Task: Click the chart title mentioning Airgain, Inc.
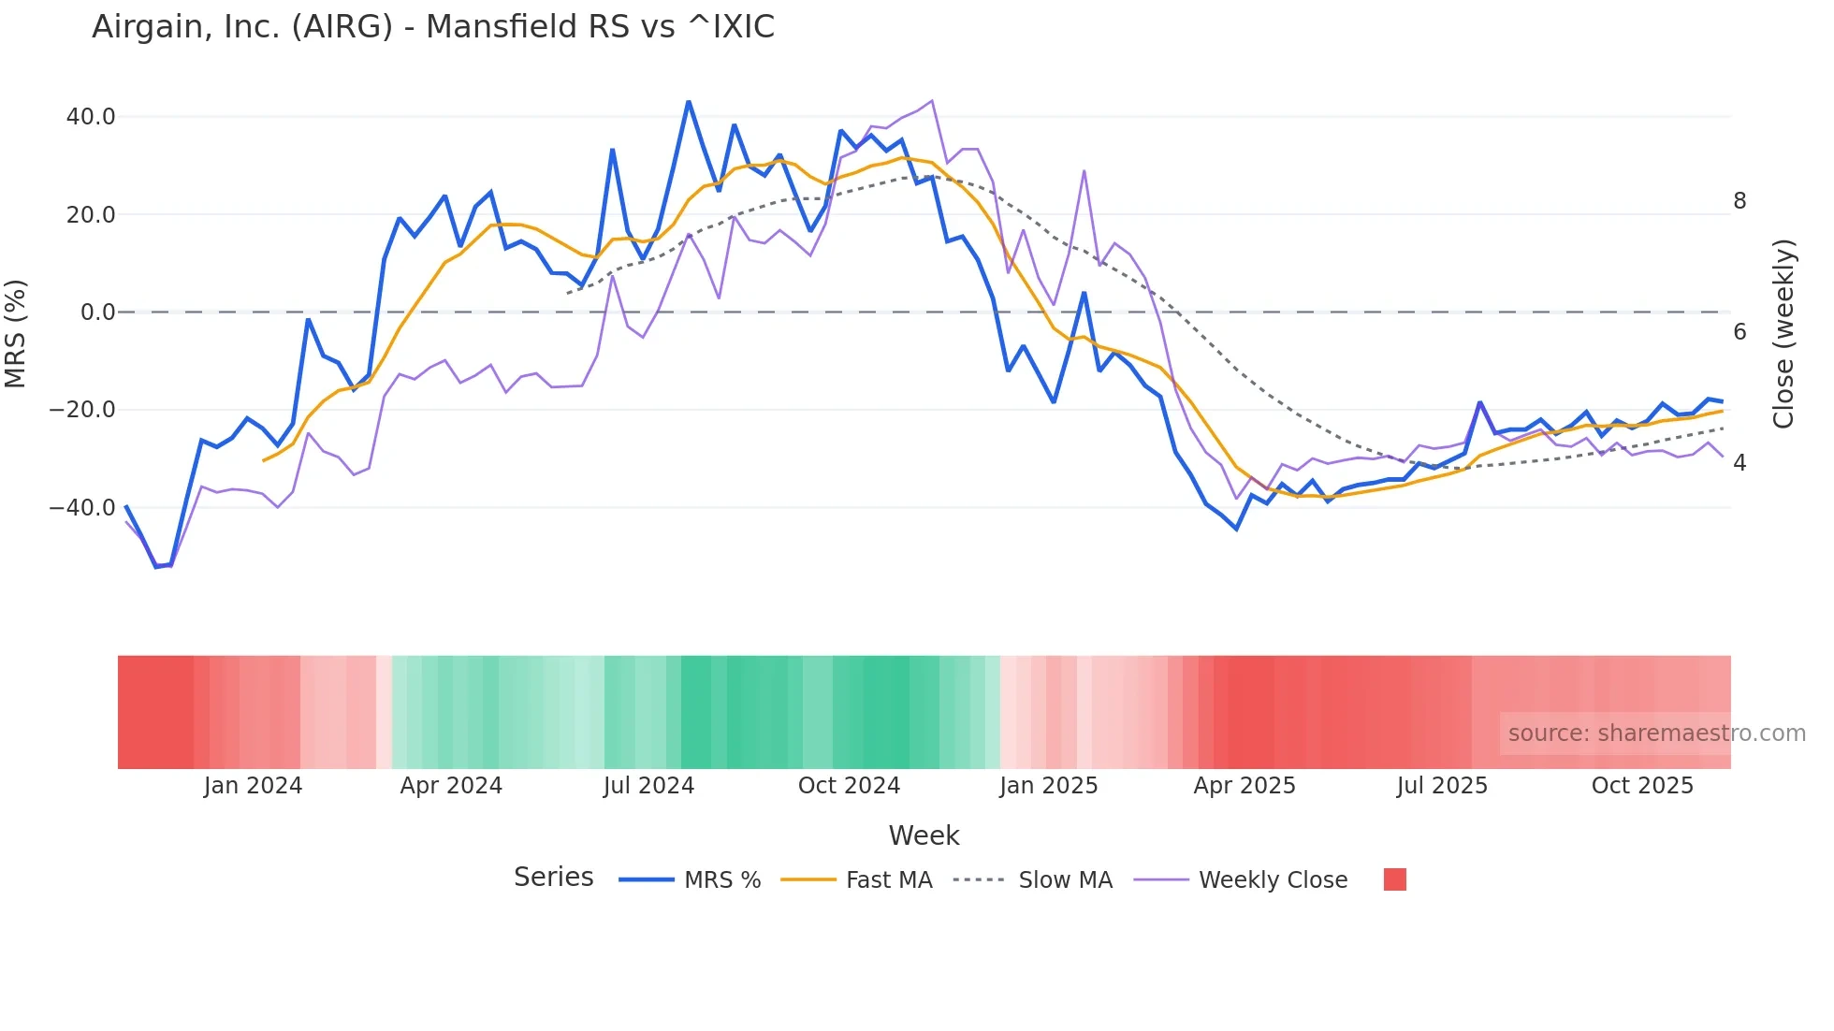coord(433,27)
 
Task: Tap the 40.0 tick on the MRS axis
coord(91,117)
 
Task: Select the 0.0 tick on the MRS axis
coord(98,312)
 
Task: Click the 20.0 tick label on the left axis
coord(91,215)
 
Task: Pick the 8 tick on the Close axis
coord(1739,201)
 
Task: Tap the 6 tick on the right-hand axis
coord(1739,332)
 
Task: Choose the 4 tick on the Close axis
coord(1739,463)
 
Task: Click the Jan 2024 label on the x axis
coord(253,786)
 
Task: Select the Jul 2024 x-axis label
coord(648,786)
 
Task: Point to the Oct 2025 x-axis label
coord(1642,786)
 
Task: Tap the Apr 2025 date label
coord(1244,786)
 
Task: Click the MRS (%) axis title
coord(16,333)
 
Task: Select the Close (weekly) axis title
coord(1783,333)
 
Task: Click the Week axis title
coord(924,835)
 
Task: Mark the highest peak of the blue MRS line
coord(689,101)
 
